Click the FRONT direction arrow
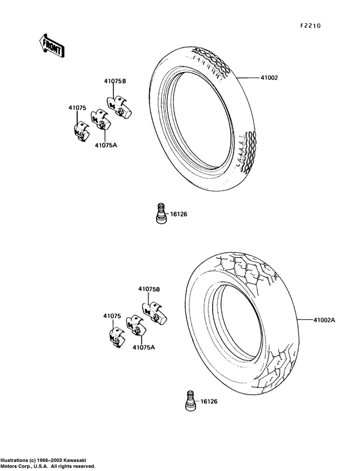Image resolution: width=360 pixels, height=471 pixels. click(x=52, y=46)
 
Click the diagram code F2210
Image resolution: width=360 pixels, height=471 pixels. click(x=310, y=26)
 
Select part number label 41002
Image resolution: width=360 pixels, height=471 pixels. click(x=269, y=78)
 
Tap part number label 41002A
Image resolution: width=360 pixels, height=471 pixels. click(x=324, y=320)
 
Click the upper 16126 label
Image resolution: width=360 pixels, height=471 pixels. click(x=179, y=214)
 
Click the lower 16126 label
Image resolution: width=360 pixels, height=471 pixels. click(x=209, y=402)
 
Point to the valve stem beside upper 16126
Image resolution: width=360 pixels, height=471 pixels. click(x=161, y=213)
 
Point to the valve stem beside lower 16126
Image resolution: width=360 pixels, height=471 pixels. click(x=190, y=400)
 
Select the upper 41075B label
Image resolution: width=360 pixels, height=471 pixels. click(x=115, y=81)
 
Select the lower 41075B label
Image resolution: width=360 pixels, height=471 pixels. click(x=149, y=289)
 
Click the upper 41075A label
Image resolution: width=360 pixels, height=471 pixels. click(x=106, y=145)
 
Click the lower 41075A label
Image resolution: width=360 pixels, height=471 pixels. click(x=144, y=347)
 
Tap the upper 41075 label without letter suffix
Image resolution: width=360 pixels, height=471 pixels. click(x=77, y=108)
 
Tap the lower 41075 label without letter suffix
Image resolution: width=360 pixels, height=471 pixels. click(x=113, y=316)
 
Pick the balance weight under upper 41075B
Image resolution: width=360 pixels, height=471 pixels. click(x=119, y=107)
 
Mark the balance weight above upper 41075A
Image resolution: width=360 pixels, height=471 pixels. click(x=100, y=120)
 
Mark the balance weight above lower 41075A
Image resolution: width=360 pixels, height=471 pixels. click(x=136, y=326)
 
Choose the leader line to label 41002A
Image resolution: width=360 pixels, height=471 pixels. click(x=305, y=320)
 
